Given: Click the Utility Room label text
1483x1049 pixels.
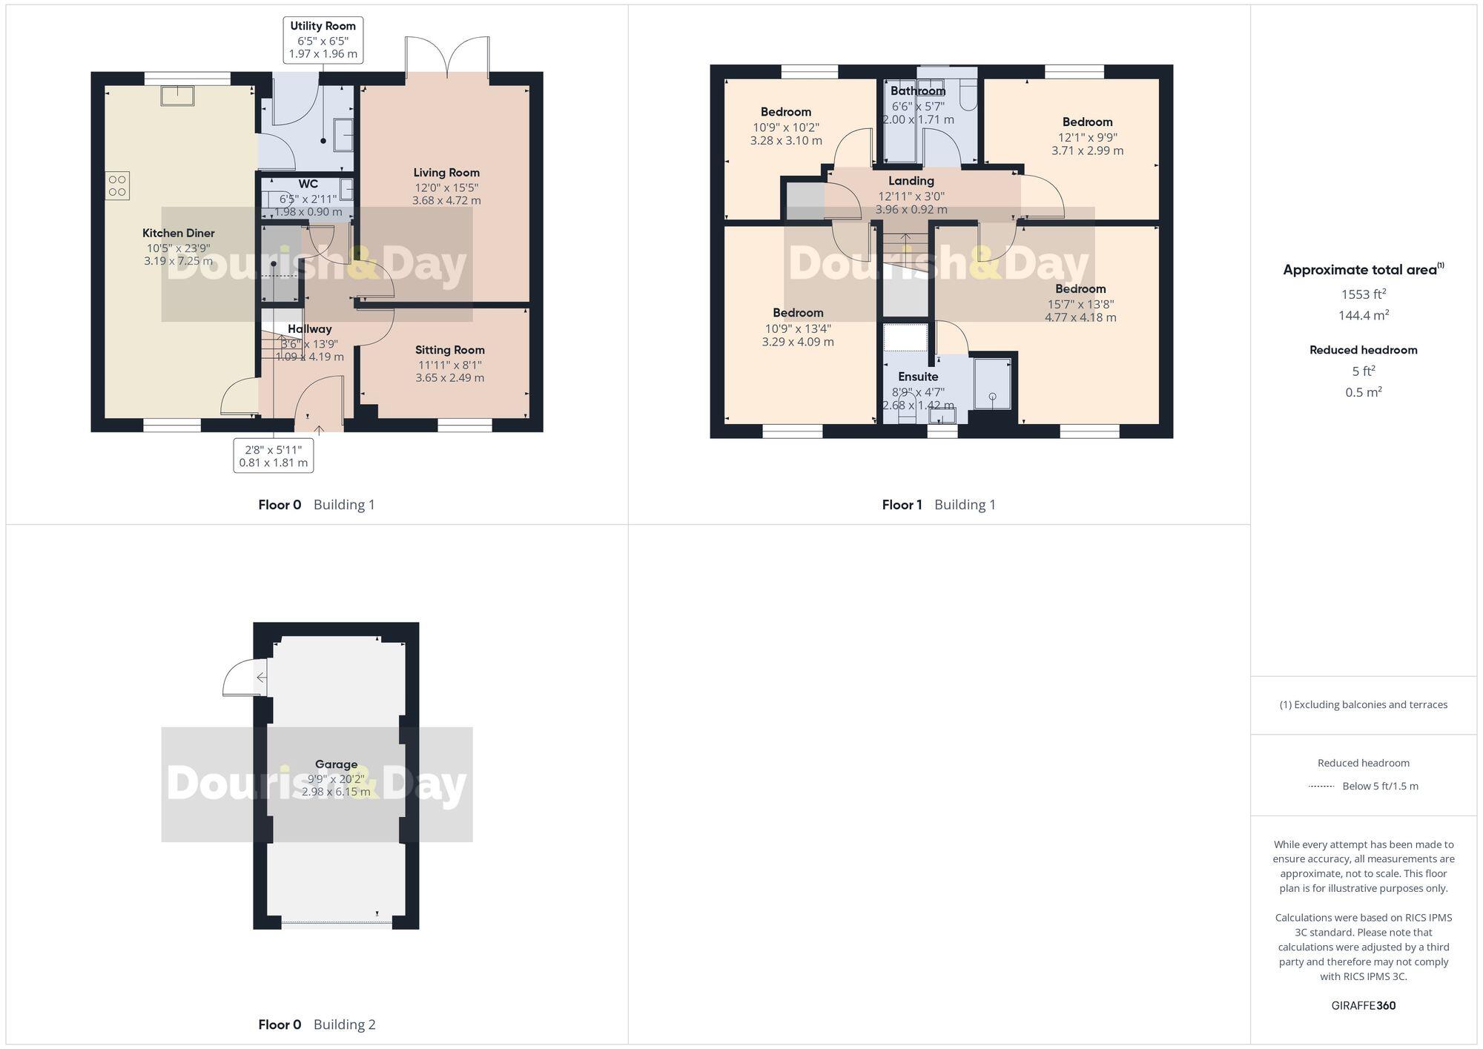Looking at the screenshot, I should tap(323, 26).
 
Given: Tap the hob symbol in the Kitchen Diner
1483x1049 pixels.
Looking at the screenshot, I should tap(117, 185).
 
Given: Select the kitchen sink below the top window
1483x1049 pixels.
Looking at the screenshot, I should tap(178, 96).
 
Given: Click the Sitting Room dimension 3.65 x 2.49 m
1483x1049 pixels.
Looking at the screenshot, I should tap(449, 378).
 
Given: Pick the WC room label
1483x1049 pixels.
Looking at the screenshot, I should tap(308, 184).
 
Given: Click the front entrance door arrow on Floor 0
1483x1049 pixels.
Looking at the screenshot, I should tap(320, 429).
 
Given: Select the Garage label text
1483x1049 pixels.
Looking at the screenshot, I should tap(336, 764).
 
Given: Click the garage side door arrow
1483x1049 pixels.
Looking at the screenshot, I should tap(260, 678).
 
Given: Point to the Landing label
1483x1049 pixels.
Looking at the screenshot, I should tap(911, 181).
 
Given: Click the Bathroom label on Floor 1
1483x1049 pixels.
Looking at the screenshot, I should tap(918, 91).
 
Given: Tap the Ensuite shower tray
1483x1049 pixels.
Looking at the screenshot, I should tap(992, 383).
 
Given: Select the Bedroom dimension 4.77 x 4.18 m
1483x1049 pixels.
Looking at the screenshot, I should tap(1080, 318).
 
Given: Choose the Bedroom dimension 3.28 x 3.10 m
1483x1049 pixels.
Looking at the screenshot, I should tap(786, 141).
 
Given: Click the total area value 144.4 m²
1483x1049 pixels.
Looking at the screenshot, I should tap(1363, 316).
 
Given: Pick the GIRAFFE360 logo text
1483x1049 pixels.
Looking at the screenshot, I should tap(1363, 1006).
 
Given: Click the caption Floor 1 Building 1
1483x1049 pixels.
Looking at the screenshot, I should tap(938, 505).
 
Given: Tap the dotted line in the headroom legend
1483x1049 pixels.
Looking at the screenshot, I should tap(1322, 787).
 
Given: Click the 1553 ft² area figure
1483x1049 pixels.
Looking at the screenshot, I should tap(1363, 294).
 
